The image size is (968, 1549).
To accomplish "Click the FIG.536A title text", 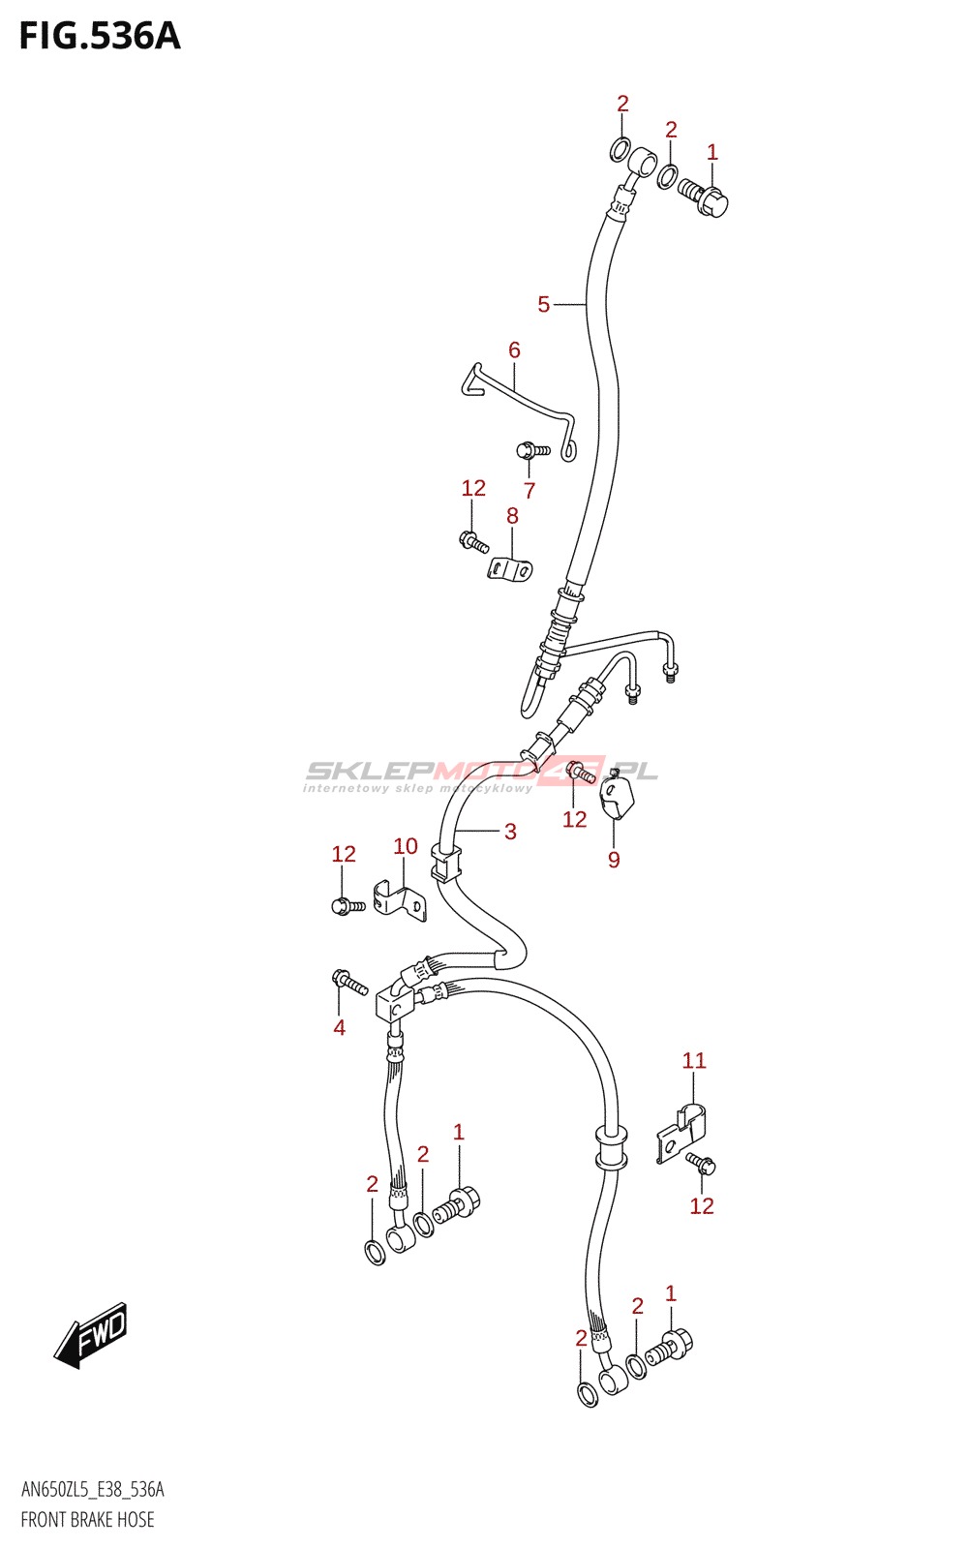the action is click(101, 37).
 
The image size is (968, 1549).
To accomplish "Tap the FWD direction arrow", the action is click(91, 1335).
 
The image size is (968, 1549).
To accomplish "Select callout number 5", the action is click(543, 304).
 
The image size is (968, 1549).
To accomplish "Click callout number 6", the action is click(514, 349).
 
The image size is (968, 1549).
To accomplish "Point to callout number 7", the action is click(529, 490).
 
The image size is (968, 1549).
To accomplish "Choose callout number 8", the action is click(512, 516).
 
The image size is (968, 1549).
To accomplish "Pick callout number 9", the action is click(614, 860).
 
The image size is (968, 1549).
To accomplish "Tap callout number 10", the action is click(406, 846).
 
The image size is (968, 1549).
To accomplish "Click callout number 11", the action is click(694, 1060).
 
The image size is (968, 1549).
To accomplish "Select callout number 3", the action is click(510, 832).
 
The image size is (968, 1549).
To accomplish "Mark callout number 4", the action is click(339, 1027).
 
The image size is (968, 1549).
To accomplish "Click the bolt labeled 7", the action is click(533, 451).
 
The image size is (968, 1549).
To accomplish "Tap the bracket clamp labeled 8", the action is click(510, 568).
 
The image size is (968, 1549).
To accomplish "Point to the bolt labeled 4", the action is click(349, 982).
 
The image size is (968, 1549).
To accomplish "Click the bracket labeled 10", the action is click(400, 901).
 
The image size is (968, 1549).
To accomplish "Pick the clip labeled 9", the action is click(617, 797).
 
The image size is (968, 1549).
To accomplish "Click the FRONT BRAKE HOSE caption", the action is click(88, 1519).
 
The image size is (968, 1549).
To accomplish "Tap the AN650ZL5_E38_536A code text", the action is click(93, 1489).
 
